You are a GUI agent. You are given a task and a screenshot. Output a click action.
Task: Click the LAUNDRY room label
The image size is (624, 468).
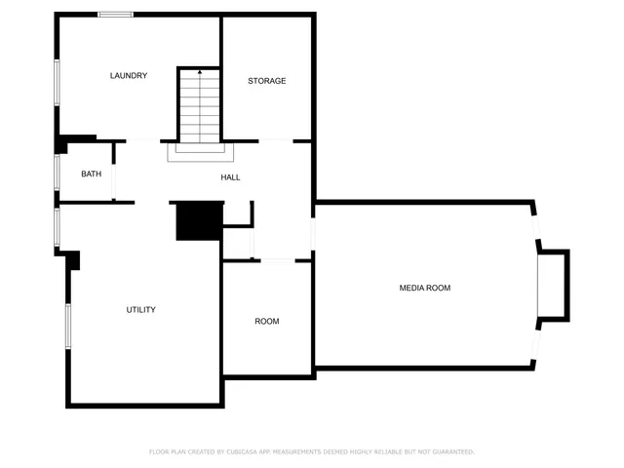(129, 76)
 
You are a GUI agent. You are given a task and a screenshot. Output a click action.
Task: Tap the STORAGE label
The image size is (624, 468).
(266, 81)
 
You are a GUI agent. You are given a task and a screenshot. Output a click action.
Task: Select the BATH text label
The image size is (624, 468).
(91, 174)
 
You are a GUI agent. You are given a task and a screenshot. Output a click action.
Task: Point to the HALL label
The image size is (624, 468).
(230, 177)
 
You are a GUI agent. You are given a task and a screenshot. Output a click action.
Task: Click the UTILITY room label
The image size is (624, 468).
(140, 310)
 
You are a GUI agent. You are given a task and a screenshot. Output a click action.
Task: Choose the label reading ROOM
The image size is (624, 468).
(266, 322)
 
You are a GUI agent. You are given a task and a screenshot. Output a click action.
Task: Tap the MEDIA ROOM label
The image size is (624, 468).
(424, 288)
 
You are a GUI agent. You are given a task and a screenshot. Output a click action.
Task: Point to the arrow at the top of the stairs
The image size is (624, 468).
(200, 73)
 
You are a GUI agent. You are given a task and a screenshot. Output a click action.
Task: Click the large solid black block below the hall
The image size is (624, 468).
(200, 221)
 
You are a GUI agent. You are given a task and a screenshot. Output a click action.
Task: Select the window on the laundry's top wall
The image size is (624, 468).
(116, 15)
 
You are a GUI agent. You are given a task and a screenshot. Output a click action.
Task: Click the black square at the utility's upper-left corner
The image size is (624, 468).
(73, 260)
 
